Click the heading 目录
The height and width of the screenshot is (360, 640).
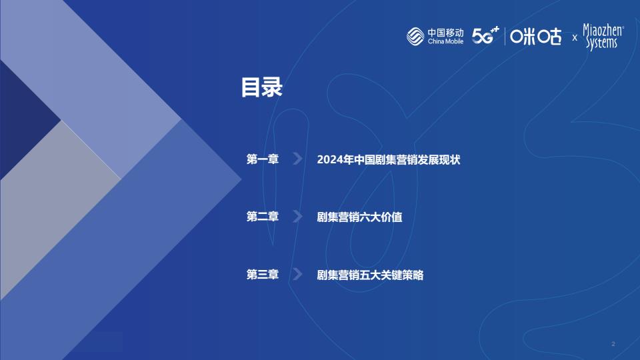tap(261, 87)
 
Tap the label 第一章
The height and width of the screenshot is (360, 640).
tap(263, 159)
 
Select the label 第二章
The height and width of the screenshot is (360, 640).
tap(263, 216)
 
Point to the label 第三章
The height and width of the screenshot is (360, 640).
tap(263, 274)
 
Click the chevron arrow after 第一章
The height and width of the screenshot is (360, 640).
tap(298, 159)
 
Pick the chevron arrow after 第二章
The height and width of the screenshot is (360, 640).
tap(298, 216)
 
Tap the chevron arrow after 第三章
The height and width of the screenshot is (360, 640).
tap(298, 274)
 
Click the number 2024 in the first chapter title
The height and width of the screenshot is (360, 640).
tap(329, 159)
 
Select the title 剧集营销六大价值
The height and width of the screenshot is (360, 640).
tap(359, 217)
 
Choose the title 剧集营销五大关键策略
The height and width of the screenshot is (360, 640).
tap(370, 275)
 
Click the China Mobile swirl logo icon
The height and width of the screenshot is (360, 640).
tap(415, 36)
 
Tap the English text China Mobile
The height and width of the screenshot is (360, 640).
tap(445, 41)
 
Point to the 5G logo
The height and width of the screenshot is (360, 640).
tap(485, 35)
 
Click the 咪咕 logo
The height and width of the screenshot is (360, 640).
tap(535, 37)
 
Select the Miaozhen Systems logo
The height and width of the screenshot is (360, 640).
tap(603, 37)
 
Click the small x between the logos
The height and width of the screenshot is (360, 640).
tap(575, 38)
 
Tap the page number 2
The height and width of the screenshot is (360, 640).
tap(613, 344)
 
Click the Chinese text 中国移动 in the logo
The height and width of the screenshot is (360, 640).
tap(445, 33)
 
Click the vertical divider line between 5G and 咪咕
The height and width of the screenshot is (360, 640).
tap(505, 36)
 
